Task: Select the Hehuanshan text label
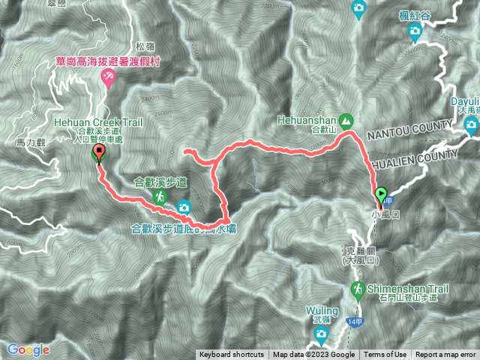tap(307, 119)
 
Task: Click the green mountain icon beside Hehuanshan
tap(346, 120)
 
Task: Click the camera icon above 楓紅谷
tap(415, 31)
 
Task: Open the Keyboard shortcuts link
tap(231, 355)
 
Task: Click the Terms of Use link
tap(385, 355)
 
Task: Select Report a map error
tap(446, 355)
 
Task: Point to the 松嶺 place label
tap(145, 45)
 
